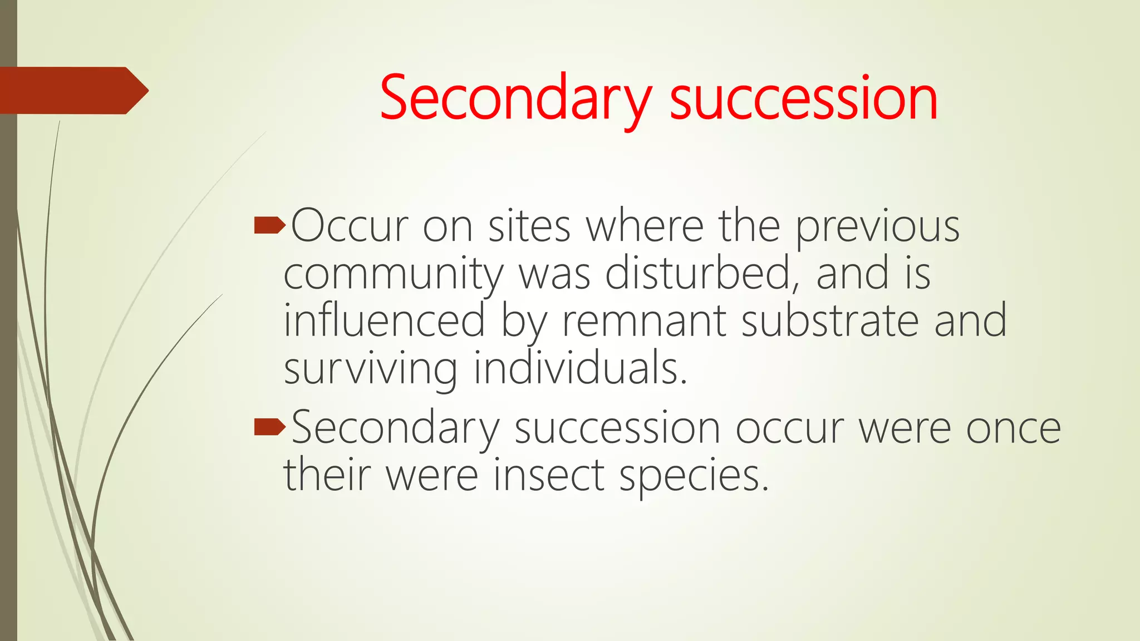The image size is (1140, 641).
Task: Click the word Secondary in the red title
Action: tap(515, 99)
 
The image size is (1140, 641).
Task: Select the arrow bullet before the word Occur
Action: tap(269, 226)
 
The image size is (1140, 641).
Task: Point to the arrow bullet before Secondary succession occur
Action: tap(269, 427)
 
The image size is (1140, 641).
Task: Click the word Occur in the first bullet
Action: tap(350, 226)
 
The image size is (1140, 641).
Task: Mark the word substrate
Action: tap(829, 322)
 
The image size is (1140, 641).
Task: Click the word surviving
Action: tap(371, 369)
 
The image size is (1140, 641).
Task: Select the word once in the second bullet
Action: tap(1013, 428)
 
